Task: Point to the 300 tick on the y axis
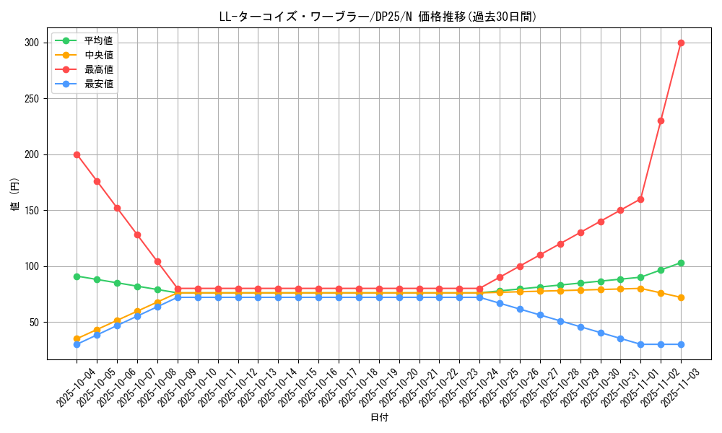point(31,43)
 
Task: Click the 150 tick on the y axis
point(31,211)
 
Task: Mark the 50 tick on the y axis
point(34,323)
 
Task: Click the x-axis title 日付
point(379,418)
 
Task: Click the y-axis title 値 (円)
point(15,196)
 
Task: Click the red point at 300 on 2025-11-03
point(681,43)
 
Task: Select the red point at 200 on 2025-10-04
point(77,154)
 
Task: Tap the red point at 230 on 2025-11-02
point(661,121)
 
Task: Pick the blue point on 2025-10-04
point(77,344)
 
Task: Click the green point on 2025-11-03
point(681,263)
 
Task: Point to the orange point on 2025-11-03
point(681,297)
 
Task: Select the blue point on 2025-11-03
point(681,344)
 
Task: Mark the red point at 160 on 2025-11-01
point(640,199)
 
